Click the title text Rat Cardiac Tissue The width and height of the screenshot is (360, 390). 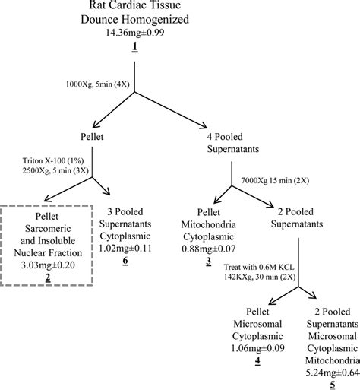click(x=134, y=8)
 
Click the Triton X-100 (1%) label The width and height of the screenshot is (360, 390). click(x=55, y=161)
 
